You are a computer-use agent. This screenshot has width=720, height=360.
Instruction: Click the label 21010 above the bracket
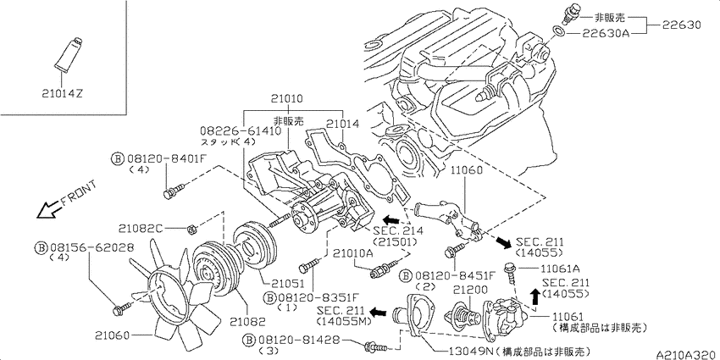coord(285,99)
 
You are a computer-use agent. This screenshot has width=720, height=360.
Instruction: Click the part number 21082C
coord(141,229)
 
